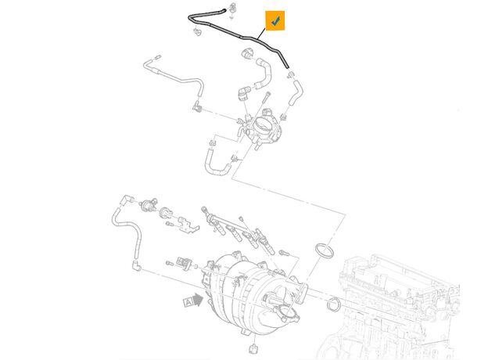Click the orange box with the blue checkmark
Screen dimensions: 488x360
[274, 20]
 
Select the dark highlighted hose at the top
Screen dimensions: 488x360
[239, 37]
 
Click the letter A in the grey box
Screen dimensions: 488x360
[188, 302]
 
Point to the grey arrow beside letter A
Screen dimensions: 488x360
[199, 300]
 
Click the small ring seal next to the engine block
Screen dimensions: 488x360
[334, 304]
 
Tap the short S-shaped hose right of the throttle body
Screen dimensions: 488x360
[295, 92]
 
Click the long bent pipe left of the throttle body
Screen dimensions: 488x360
[174, 79]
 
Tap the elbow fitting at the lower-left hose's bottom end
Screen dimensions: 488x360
[136, 265]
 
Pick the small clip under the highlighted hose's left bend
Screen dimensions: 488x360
[197, 31]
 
